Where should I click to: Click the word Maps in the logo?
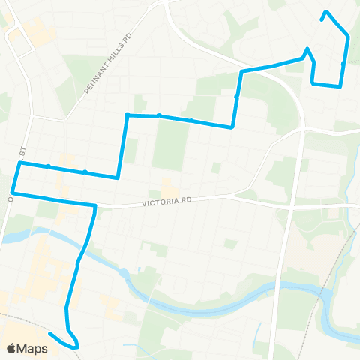click(x=33, y=348)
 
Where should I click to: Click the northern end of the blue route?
click(x=325, y=12)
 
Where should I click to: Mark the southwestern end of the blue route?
click(x=49, y=333)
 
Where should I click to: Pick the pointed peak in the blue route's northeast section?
click(x=307, y=49)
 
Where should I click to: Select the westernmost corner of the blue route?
click(x=12, y=193)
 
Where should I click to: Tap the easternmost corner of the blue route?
click(x=348, y=36)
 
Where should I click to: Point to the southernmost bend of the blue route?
click(x=76, y=346)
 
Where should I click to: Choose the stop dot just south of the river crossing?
click(x=78, y=264)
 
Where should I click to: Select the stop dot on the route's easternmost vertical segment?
click(x=343, y=64)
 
